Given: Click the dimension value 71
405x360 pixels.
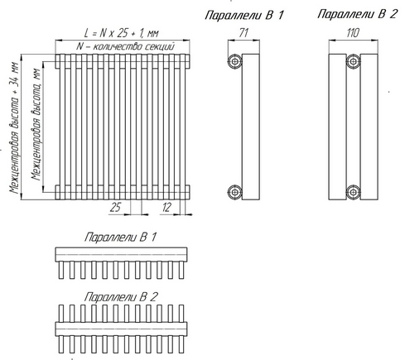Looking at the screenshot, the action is tap(243, 33).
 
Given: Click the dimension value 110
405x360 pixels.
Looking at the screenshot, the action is tap(353, 33).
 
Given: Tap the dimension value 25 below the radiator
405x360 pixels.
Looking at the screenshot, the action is tap(115, 207).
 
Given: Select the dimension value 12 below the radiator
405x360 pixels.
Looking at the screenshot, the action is tap(166, 207).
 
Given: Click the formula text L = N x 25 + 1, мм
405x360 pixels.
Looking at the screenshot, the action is tap(122, 33).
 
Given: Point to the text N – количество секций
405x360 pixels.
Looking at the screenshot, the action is tap(126, 46).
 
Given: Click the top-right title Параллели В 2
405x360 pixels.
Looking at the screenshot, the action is tap(358, 14).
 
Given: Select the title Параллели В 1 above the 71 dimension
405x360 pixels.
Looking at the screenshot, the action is tap(244, 15).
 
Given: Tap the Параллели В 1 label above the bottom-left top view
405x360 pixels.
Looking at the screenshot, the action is tap(120, 238).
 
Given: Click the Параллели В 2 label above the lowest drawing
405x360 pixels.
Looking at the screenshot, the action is tap(121, 297).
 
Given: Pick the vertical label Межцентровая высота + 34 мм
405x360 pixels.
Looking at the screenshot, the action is tap(14, 127).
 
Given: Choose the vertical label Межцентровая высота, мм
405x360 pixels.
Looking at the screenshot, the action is tap(36, 124).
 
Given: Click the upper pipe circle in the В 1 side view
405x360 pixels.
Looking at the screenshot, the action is tap(234, 61).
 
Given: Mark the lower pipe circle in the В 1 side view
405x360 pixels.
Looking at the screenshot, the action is tap(234, 192).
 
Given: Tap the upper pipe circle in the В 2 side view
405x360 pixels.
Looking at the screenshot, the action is tap(353, 61).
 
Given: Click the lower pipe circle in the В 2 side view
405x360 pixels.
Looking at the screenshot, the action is tap(353, 192).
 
